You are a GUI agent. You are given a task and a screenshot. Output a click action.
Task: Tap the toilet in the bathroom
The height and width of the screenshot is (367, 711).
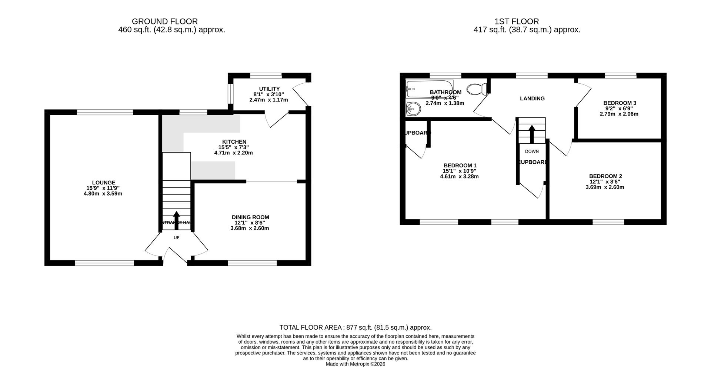tap(477, 89)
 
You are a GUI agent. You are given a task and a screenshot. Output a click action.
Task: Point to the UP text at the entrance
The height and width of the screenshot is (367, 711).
tap(177, 237)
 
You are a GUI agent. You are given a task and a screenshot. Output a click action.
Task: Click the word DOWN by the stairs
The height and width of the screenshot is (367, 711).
tap(532, 151)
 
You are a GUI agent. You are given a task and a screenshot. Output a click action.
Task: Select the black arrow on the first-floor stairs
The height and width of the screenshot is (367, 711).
tap(532, 134)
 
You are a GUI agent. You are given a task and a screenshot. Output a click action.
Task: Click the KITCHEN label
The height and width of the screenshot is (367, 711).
tap(234, 142)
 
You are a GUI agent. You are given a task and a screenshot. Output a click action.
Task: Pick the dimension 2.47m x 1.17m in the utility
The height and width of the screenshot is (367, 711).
tap(269, 100)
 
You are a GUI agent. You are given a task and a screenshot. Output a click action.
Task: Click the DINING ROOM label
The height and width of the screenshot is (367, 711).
tap(250, 217)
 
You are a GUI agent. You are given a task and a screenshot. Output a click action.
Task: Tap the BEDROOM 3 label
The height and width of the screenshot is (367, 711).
tap(620, 103)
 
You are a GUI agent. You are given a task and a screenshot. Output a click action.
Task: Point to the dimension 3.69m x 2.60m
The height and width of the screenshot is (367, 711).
tap(605, 187)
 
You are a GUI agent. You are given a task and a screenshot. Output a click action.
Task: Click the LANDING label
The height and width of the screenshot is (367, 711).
tap(532, 99)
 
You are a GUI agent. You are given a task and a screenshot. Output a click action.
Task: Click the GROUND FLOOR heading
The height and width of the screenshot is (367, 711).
tap(165, 21)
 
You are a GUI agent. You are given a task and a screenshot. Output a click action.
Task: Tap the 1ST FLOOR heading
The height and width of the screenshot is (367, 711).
tap(527, 21)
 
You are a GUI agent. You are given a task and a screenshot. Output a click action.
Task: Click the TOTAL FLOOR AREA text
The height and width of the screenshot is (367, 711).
tap(355, 327)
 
